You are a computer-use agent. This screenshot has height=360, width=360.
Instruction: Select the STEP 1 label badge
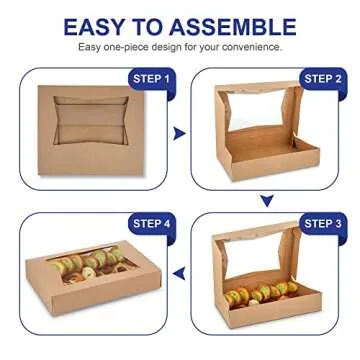point(152,78)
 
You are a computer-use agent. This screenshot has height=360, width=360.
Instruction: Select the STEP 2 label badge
point(323,78)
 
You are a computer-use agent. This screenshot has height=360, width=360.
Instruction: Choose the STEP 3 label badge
point(323,223)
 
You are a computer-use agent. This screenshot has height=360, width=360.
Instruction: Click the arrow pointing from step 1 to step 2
point(179,133)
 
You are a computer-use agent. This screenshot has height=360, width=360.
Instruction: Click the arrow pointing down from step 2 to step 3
point(267,201)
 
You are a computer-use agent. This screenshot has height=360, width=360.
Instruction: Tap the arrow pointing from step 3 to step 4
point(179,272)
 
